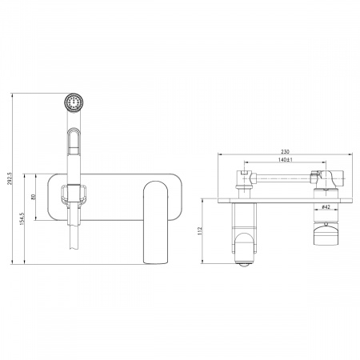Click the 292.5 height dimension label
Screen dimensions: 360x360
(10, 178)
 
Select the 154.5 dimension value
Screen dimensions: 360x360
(22, 218)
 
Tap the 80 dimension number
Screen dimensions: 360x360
(34, 197)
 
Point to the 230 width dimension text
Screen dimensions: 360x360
(285, 151)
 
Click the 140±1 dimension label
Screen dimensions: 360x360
(286, 160)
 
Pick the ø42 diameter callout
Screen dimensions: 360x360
(326, 206)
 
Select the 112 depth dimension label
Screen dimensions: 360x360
(200, 231)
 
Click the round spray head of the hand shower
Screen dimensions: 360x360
(74, 102)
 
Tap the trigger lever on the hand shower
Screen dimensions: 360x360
(74, 141)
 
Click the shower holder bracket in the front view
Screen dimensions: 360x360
(73, 194)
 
